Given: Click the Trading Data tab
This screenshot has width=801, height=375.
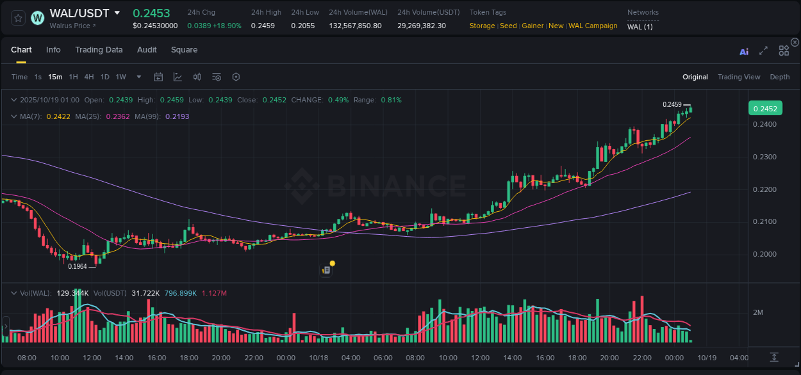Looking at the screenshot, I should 99,50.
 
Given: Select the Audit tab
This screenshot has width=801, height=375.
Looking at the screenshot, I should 147,50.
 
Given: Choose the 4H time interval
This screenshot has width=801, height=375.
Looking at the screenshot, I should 89,77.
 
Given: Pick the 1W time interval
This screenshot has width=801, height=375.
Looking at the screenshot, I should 120,77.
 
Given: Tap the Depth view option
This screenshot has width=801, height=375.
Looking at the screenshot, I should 780,77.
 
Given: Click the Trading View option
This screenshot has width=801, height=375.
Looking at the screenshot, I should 739,77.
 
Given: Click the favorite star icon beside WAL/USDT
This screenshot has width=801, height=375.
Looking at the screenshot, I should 19,17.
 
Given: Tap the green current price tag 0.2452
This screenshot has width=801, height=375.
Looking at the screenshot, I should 764,108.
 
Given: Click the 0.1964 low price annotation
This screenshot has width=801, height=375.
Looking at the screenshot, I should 78,266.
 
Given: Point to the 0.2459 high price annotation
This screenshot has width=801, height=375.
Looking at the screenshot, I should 672,104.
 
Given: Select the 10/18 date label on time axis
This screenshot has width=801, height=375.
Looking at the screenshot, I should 318,358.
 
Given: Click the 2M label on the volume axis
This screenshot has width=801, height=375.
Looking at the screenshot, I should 758,312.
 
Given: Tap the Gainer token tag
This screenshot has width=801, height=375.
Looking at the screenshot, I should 533,26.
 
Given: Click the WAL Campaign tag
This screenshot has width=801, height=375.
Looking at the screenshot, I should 593,26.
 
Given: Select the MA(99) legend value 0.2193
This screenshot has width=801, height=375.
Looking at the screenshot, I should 178,116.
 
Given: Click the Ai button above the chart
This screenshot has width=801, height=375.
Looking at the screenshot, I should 744,51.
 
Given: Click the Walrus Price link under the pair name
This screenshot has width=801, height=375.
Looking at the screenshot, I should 72,26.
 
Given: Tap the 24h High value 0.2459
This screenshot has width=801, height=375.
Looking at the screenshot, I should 263,26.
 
